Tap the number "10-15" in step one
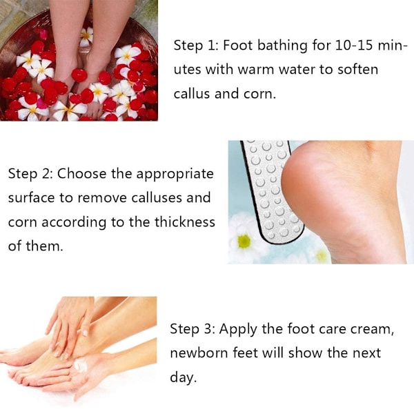(x=354, y=45)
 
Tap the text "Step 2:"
(x=30, y=174)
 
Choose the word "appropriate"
(x=175, y=175)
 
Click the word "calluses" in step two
(x=157, y=197)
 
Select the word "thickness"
(x=184, y=221)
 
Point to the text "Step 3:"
(x=193, y=329)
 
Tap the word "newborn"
(x=199, y=353)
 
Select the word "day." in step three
(x=184, y=377)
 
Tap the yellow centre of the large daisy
(x=244, y=241)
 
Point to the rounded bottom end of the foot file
(x=282, y=237)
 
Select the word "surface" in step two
(x=31, y=198)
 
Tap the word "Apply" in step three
(x=238, y=330)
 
